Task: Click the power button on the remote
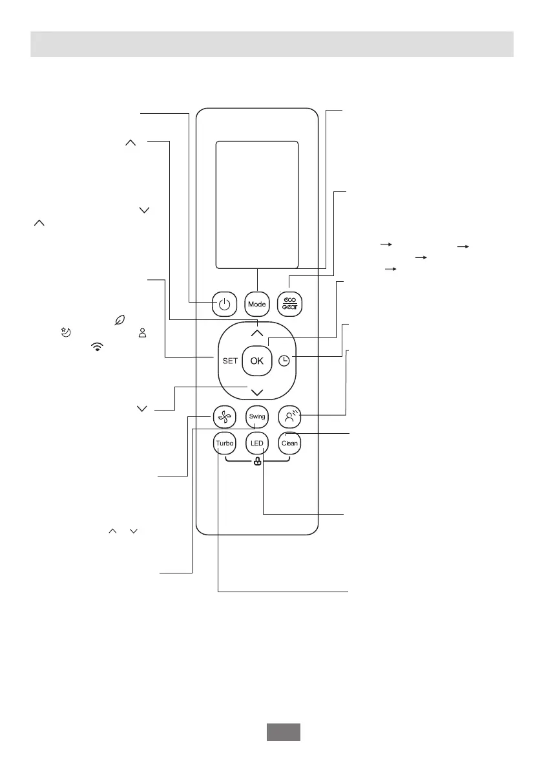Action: (x=224, y=305)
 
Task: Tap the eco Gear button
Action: (x=289, y=305)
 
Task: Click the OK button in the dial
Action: (x=257, y=361)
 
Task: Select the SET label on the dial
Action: (x=230, y=361)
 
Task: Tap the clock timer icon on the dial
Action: (x=284, y=361)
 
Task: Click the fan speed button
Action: (x=224, y=417)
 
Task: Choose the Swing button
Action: (x=257, y=417)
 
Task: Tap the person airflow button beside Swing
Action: (x=289, y=417)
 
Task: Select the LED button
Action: (x=257, y=444)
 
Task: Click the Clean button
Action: (x=289, y=444)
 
